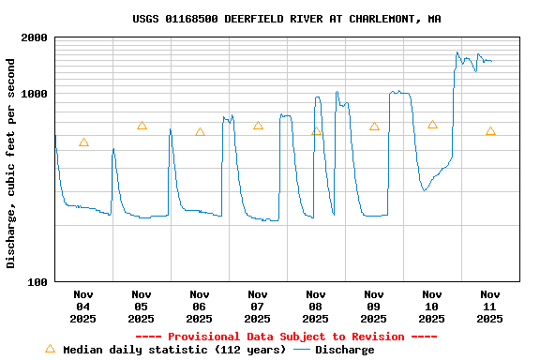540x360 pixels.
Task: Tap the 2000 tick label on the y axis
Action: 35,38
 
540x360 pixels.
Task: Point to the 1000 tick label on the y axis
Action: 35,95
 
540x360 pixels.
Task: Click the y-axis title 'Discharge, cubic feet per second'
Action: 11,163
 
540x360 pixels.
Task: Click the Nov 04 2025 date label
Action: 83,307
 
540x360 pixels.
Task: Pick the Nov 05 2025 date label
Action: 142,307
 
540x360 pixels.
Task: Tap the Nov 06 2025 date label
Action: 200,307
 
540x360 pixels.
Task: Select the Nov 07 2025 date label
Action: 258,307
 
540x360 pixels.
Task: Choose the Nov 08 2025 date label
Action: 316,307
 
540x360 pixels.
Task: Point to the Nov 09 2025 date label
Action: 374,307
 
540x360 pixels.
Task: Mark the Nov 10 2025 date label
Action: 432,307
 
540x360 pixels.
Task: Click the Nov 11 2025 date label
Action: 490,307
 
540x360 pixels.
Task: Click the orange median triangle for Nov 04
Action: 83,142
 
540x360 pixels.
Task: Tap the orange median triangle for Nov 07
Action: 258,125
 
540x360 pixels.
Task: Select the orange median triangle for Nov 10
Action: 432,125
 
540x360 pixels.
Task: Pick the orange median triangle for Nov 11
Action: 490,131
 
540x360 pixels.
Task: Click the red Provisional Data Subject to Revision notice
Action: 286,337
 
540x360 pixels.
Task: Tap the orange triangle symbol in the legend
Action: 51,349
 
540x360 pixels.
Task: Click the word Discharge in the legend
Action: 344,350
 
